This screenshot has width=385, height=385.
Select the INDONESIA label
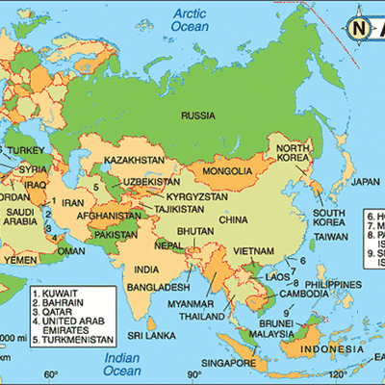[327, 322]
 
